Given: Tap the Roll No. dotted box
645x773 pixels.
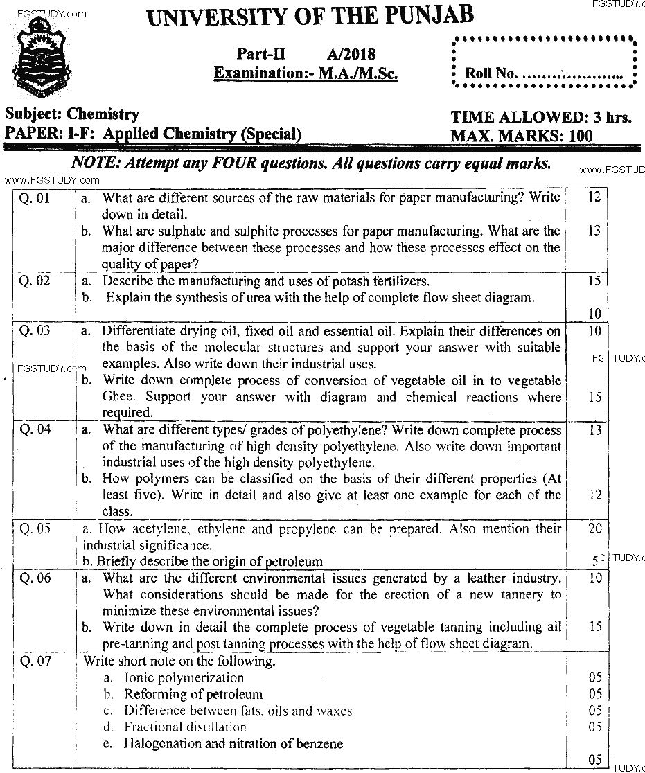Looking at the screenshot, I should click(x=544, y=62).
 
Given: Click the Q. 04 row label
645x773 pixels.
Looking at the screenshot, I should click(x=35, y=429).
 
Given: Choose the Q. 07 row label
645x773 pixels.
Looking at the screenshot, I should click(x=35, y=661).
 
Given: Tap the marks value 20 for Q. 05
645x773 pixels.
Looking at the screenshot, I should click(x=594, y=529).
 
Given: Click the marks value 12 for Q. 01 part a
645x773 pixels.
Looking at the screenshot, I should click(x=594, y=197).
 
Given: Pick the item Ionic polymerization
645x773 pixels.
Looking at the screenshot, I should click(x=184, y=678).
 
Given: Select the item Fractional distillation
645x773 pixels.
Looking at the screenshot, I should click(x=185, y=727).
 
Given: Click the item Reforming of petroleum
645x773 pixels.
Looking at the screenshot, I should click(x=193, y=694).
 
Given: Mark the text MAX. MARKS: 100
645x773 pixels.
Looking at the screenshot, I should click(x=521, y=136).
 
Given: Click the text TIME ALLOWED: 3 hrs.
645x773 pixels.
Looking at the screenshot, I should click(x=540, y=117).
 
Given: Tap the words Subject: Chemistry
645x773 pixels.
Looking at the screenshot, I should click(x=71, y=114).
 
